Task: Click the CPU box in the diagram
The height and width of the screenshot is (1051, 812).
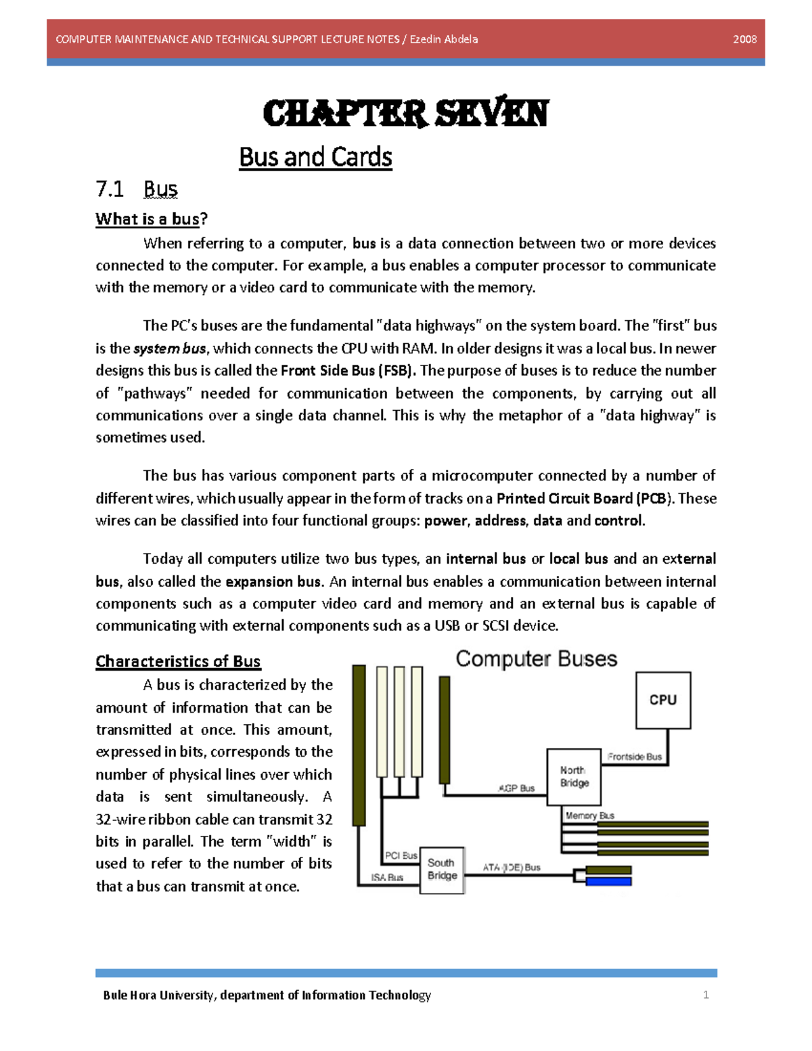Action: coord(662,700)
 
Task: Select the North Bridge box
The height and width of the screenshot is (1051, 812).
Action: coord(574,776)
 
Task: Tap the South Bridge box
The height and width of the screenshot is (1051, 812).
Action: coord(442,870)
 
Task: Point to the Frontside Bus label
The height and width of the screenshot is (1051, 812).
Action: coord(634,757)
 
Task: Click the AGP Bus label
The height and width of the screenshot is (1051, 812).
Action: coord(516,788)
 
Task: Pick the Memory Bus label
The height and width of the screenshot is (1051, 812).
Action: coord(589,815)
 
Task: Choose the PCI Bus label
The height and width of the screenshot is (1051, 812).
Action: coord(401,855)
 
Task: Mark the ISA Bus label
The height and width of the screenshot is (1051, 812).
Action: coord(386,877)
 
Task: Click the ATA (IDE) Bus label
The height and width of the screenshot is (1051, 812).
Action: coord(512,867)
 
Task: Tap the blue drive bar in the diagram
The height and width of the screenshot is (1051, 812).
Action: coord(608,881)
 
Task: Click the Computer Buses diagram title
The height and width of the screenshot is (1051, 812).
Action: coord(536,658)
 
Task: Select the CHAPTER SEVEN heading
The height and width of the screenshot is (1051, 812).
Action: coord(405,113)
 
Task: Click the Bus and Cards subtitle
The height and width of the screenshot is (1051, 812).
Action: coord(315,157)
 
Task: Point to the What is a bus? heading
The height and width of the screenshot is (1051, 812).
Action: coord(152,219)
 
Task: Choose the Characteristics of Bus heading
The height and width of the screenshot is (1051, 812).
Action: coord(178,661)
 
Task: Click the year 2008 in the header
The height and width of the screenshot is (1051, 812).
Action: coord(744,39)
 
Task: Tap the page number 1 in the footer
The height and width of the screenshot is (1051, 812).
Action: coord(706,994)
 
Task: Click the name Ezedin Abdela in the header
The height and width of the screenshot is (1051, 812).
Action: coord(444,39)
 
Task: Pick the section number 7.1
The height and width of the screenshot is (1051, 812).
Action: coord(110,189)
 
